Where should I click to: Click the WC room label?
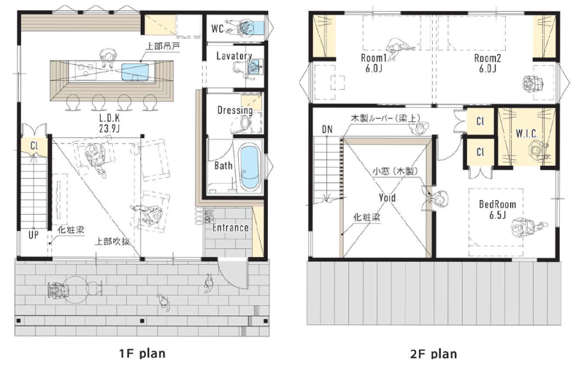(218, 28)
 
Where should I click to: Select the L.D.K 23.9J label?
(109, 123)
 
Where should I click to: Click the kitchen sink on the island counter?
(135, 72)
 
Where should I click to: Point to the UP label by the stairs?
(34, 235)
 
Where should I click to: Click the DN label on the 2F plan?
(327, 129)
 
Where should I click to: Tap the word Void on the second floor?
(388, 197)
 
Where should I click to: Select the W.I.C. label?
(526, 134)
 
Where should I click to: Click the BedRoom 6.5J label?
(498, 210)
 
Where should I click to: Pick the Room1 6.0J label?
(374, 63)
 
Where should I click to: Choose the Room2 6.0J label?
(487, 63)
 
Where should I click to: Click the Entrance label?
(231, 228)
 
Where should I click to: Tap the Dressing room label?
(235, 110)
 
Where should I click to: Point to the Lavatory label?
(234, 56)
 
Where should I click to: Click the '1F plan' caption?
(142, 353)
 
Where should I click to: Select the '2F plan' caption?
(434, 353)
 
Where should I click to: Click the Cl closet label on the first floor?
(34, 145)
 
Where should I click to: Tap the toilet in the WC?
(257, 27)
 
